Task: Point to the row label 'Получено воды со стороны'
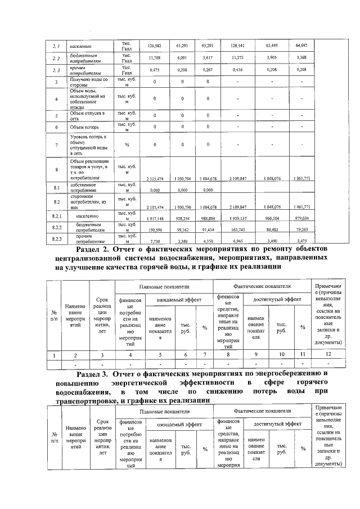point(85,83)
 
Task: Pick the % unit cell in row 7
point(127,145)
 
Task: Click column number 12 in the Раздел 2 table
point(327,355)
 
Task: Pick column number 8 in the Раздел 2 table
point(228,355)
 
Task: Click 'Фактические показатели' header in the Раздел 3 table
point(262,412)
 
